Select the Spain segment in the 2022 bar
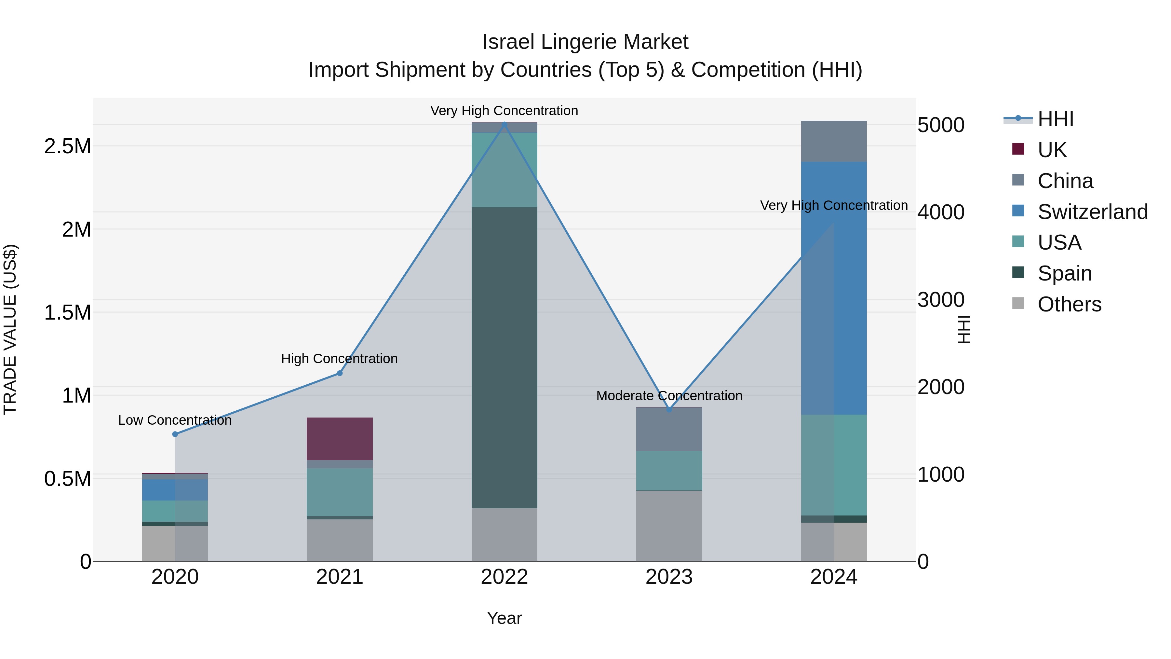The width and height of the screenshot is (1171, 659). (504, 357)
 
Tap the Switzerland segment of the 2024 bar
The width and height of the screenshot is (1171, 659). (834, 288)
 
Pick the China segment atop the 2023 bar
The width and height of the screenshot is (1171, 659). (669, 429)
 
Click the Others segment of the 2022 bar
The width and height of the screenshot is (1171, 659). (504, 534)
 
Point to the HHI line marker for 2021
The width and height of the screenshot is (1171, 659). (340, 373)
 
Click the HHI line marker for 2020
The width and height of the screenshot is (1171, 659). (175, 434)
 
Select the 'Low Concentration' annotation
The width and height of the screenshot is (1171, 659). (175, 420)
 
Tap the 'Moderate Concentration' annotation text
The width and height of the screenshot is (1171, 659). (669, 396)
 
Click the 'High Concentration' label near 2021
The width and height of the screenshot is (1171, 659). (339, 359)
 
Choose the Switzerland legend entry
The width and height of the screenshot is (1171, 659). (1092, 212)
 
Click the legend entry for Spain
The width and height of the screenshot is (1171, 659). (1064, 273)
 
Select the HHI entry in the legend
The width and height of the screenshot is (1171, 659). (1055, 119)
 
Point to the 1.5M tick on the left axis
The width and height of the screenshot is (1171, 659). (67, 313)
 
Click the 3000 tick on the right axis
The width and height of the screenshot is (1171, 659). (940, 300)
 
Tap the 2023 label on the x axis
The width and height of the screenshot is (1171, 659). (669, 577)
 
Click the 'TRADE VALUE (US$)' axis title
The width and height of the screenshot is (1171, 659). (10, 329)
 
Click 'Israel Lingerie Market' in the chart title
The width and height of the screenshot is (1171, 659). (585, 42)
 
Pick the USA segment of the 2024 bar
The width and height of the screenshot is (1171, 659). (834, 465)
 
